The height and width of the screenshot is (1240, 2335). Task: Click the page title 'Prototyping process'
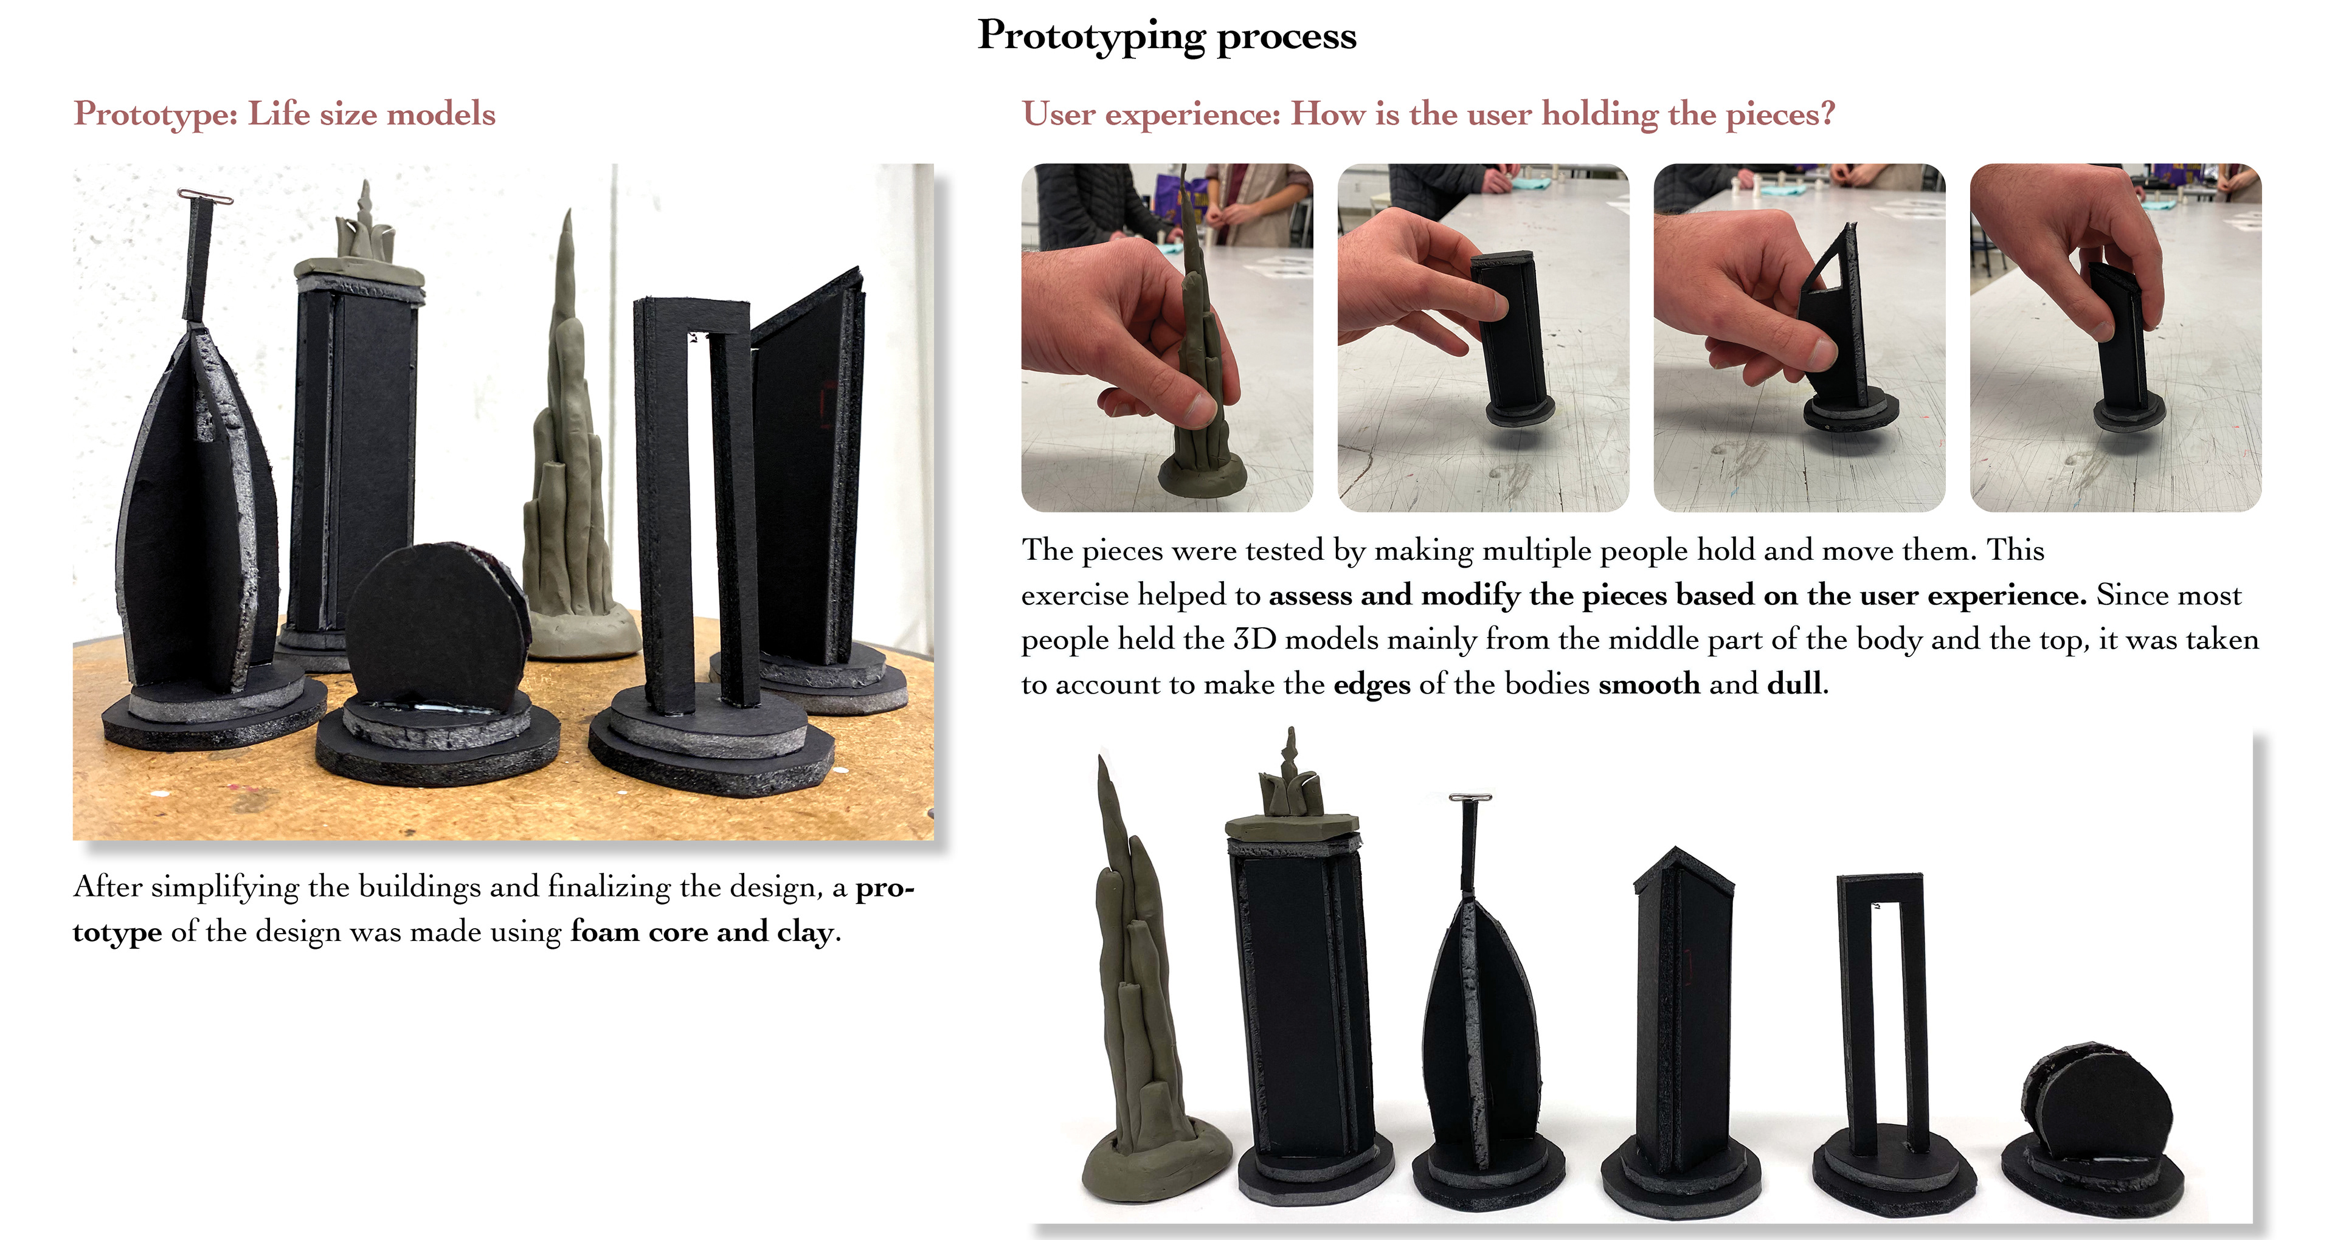tap(1167, 37)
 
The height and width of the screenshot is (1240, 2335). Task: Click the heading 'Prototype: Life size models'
tap(285, 114)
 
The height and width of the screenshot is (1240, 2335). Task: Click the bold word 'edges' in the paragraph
tap(1371, 685)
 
